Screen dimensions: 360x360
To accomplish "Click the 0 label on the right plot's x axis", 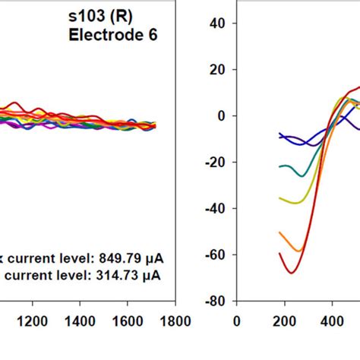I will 236,321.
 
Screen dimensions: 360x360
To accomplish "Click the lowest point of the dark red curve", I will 291,272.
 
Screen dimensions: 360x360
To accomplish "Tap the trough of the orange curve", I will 297,250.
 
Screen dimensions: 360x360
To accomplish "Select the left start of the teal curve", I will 279,166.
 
